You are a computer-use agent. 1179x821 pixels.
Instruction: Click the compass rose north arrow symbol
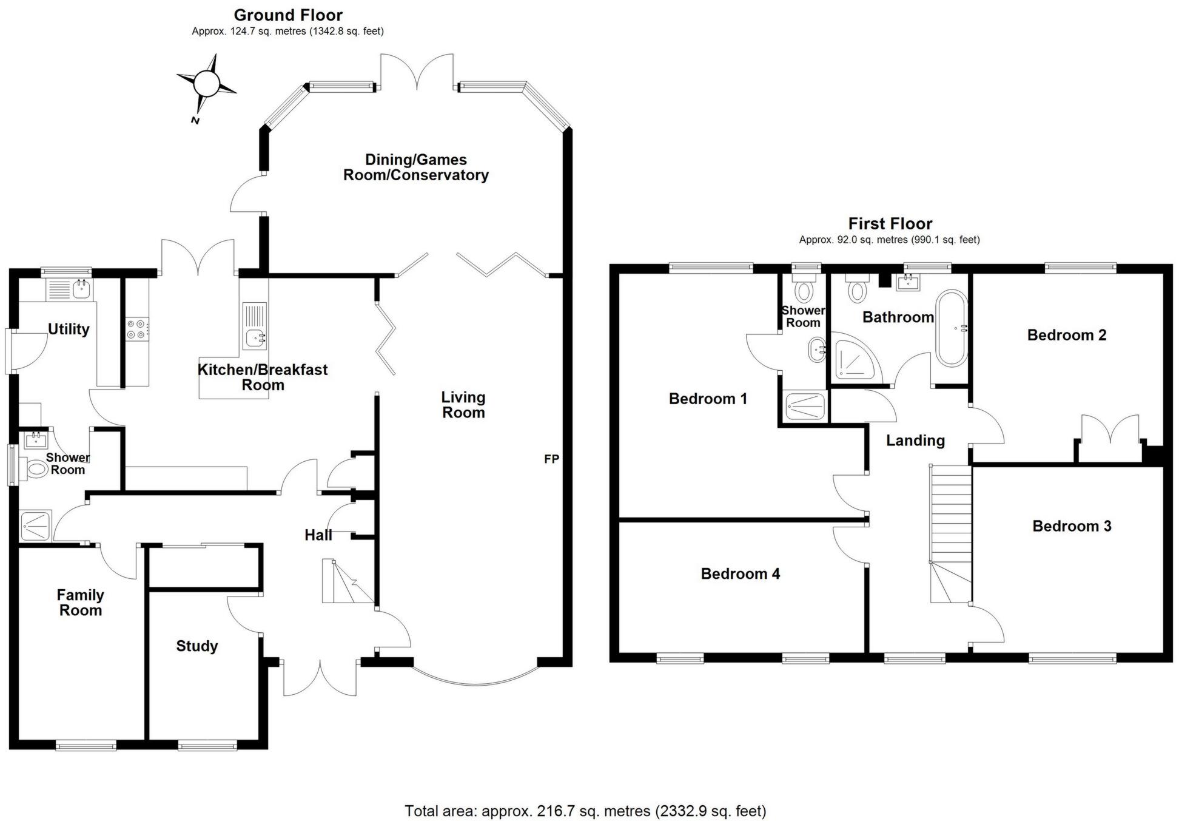click(206, 83)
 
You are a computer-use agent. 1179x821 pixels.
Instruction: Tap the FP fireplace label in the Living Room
click(551, 459)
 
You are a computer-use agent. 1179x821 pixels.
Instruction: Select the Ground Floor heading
click(288, 15)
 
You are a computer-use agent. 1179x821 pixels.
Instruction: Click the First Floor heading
click(890, 224)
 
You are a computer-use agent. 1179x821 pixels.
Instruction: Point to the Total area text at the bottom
click(585, 811)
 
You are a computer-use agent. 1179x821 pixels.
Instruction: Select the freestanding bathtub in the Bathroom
click(952, 328)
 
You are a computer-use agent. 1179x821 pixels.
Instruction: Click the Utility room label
click(69, 329)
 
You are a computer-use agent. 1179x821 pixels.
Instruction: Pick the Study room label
click(197, 646)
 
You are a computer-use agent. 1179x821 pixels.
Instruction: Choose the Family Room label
click(81, 603)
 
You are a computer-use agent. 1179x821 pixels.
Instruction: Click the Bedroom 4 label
click(741, 573)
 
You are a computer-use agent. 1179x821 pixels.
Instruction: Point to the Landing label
click(915, 441)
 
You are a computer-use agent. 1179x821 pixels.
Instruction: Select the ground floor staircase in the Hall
click(348, 581)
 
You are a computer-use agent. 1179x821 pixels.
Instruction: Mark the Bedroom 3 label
click(1072, 526)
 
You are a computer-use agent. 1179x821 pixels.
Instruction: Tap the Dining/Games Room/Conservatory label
click(416, 167)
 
